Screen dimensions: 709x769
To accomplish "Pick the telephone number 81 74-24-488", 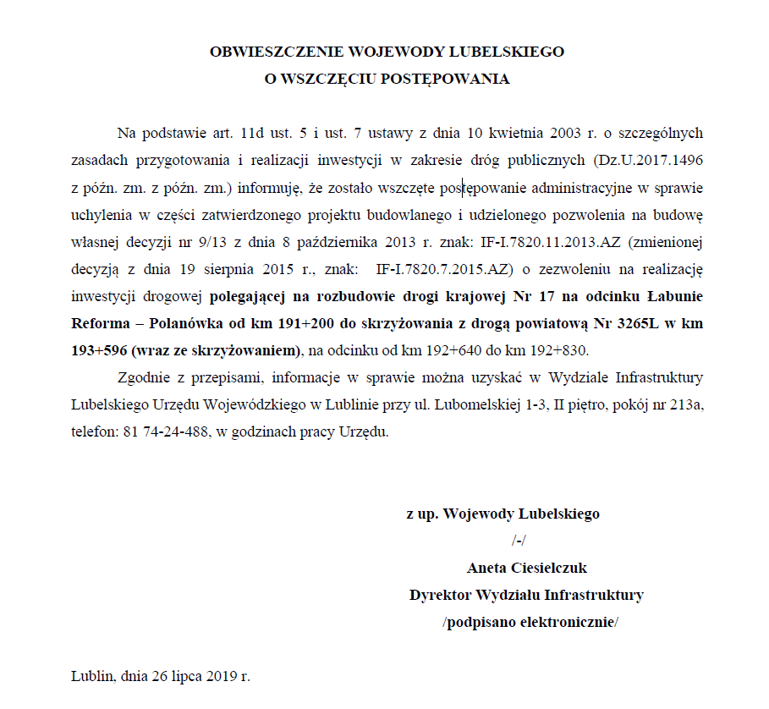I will point(161,431).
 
